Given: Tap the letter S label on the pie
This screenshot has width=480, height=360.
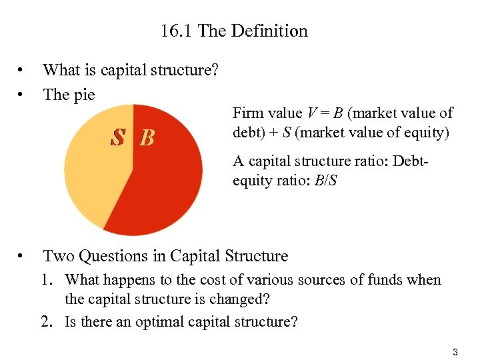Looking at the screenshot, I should click(x=119, y=137).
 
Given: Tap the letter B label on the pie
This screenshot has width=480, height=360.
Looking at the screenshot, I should click(x=147, y=138).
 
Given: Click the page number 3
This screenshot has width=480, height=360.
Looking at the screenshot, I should click(x=455, y=351).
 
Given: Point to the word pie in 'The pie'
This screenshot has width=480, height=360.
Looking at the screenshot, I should click(x=83, y=95).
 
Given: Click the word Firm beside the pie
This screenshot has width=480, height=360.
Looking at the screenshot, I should click(x=248, y=113).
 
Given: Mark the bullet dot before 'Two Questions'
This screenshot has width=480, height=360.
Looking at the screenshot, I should click(x=23, y=256).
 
